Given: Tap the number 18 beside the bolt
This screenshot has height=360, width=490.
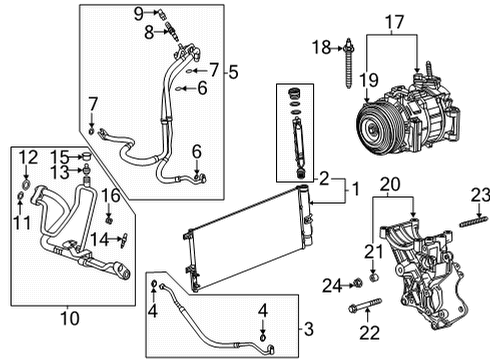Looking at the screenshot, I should pyautogui.click(x=320, y=47).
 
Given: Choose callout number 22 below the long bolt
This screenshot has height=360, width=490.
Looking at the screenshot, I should pyautogui.click(x=369, y=331).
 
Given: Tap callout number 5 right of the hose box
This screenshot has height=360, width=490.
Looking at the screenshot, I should pyautogui.click(x=233, y=71).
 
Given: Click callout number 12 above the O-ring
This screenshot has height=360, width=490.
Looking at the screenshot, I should pyautogui.click(x=27, y=156).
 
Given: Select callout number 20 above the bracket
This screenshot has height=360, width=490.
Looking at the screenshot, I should pyautogui.click(x=389, y=185).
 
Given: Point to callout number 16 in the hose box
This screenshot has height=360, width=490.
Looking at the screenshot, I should pyautogui.click(x=111, y=194).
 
